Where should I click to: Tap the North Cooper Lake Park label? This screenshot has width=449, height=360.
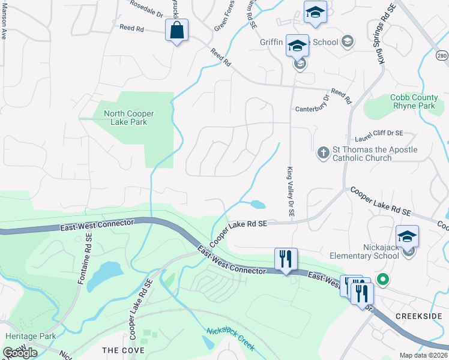point(128,118)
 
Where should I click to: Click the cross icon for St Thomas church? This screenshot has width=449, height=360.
point(323,152)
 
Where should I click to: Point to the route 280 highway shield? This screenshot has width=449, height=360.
point(441,56)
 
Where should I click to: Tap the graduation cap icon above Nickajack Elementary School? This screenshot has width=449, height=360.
point(406,236)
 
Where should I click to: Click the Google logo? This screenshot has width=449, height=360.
point(20,353)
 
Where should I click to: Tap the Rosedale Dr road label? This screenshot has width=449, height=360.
point(146,8)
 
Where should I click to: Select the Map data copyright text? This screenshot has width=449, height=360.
point(424,355)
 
